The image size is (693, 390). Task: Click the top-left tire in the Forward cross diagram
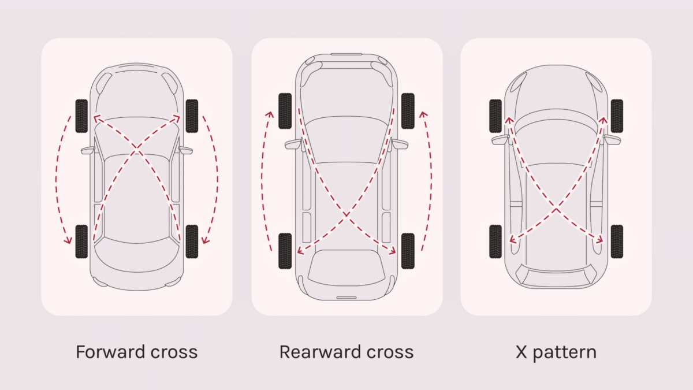click(x=81, y=116)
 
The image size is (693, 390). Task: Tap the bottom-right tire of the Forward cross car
click(x=192, y=242)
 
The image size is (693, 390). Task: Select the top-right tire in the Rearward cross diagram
click(x=408, y=110)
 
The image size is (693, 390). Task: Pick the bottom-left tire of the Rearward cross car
click(x=285, y=251)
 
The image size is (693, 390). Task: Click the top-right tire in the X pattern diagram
click(x=617, y=116)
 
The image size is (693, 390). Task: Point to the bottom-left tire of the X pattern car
click(x=495, y=242)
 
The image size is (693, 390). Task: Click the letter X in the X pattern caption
click(x=521, y=352)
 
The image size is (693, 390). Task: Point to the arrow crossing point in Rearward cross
click(x=346, y=215)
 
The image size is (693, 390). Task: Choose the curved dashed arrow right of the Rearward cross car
click(x=431, y=179)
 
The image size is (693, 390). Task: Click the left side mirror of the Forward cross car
click(x=88, y=150)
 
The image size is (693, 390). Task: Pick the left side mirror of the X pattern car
click(x=500, y=139)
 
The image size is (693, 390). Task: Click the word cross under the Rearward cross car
click(x=389, y=352)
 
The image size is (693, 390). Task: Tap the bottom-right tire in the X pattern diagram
click(x=617, y=242)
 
